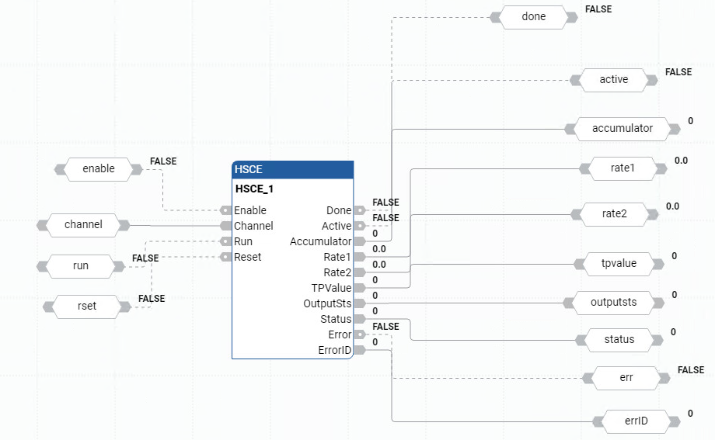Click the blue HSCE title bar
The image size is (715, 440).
click(292, 170)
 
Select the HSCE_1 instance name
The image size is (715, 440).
click(254, 189)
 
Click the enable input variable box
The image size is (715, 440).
click(98, 168)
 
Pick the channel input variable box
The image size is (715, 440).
click(83, 225)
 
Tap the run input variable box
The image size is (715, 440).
click(81, 266)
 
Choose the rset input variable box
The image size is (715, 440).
click(87, 306)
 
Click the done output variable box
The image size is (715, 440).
click(533, 16)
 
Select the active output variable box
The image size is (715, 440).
click(613, 79)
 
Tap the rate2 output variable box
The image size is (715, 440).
click(614, 213)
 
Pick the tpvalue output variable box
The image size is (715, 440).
click(619, 264)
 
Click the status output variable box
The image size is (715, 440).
click(619, 339)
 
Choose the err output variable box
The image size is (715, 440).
click(626, 378)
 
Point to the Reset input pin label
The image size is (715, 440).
click(248, 257)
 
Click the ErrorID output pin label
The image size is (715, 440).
click(335, 350)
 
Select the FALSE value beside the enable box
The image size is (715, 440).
click(163, 161)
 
